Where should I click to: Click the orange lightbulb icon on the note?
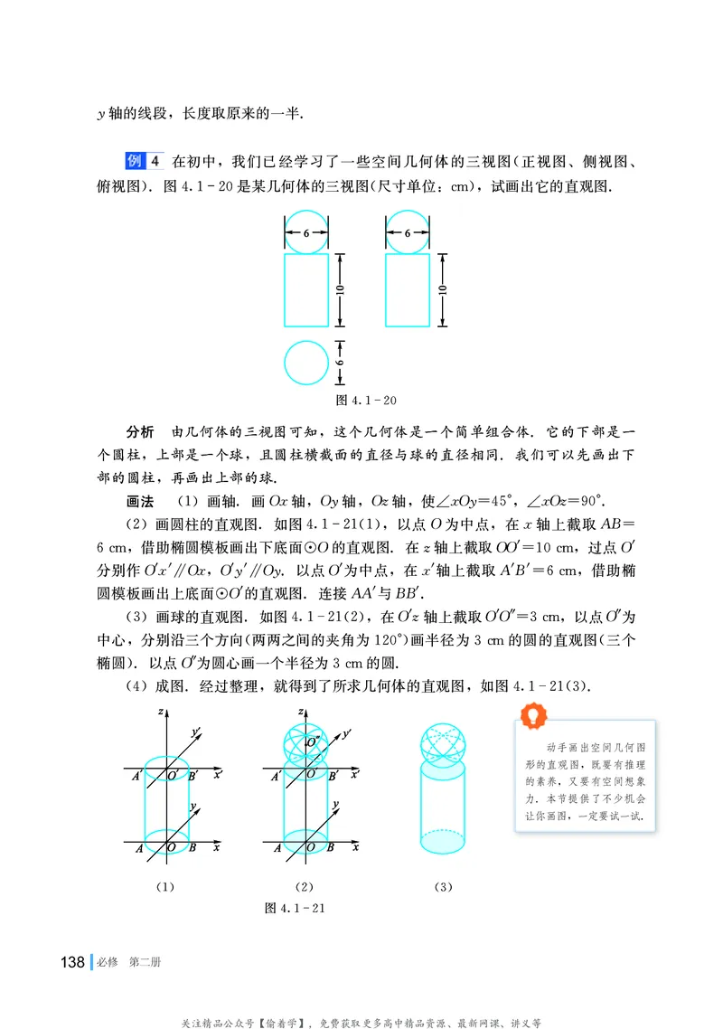[535, 716]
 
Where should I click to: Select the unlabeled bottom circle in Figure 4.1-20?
[306, 363]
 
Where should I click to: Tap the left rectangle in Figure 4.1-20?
[306, 290]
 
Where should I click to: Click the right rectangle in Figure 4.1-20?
[407, 290]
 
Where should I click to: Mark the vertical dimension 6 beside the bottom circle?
[342, 363]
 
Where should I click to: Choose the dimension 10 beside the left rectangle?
[341, 290]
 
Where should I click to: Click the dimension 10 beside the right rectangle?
[441, 290]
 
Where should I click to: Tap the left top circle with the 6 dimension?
[306, 232]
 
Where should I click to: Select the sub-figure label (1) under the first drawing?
[164, 887]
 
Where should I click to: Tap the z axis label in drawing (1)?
[159, 713]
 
